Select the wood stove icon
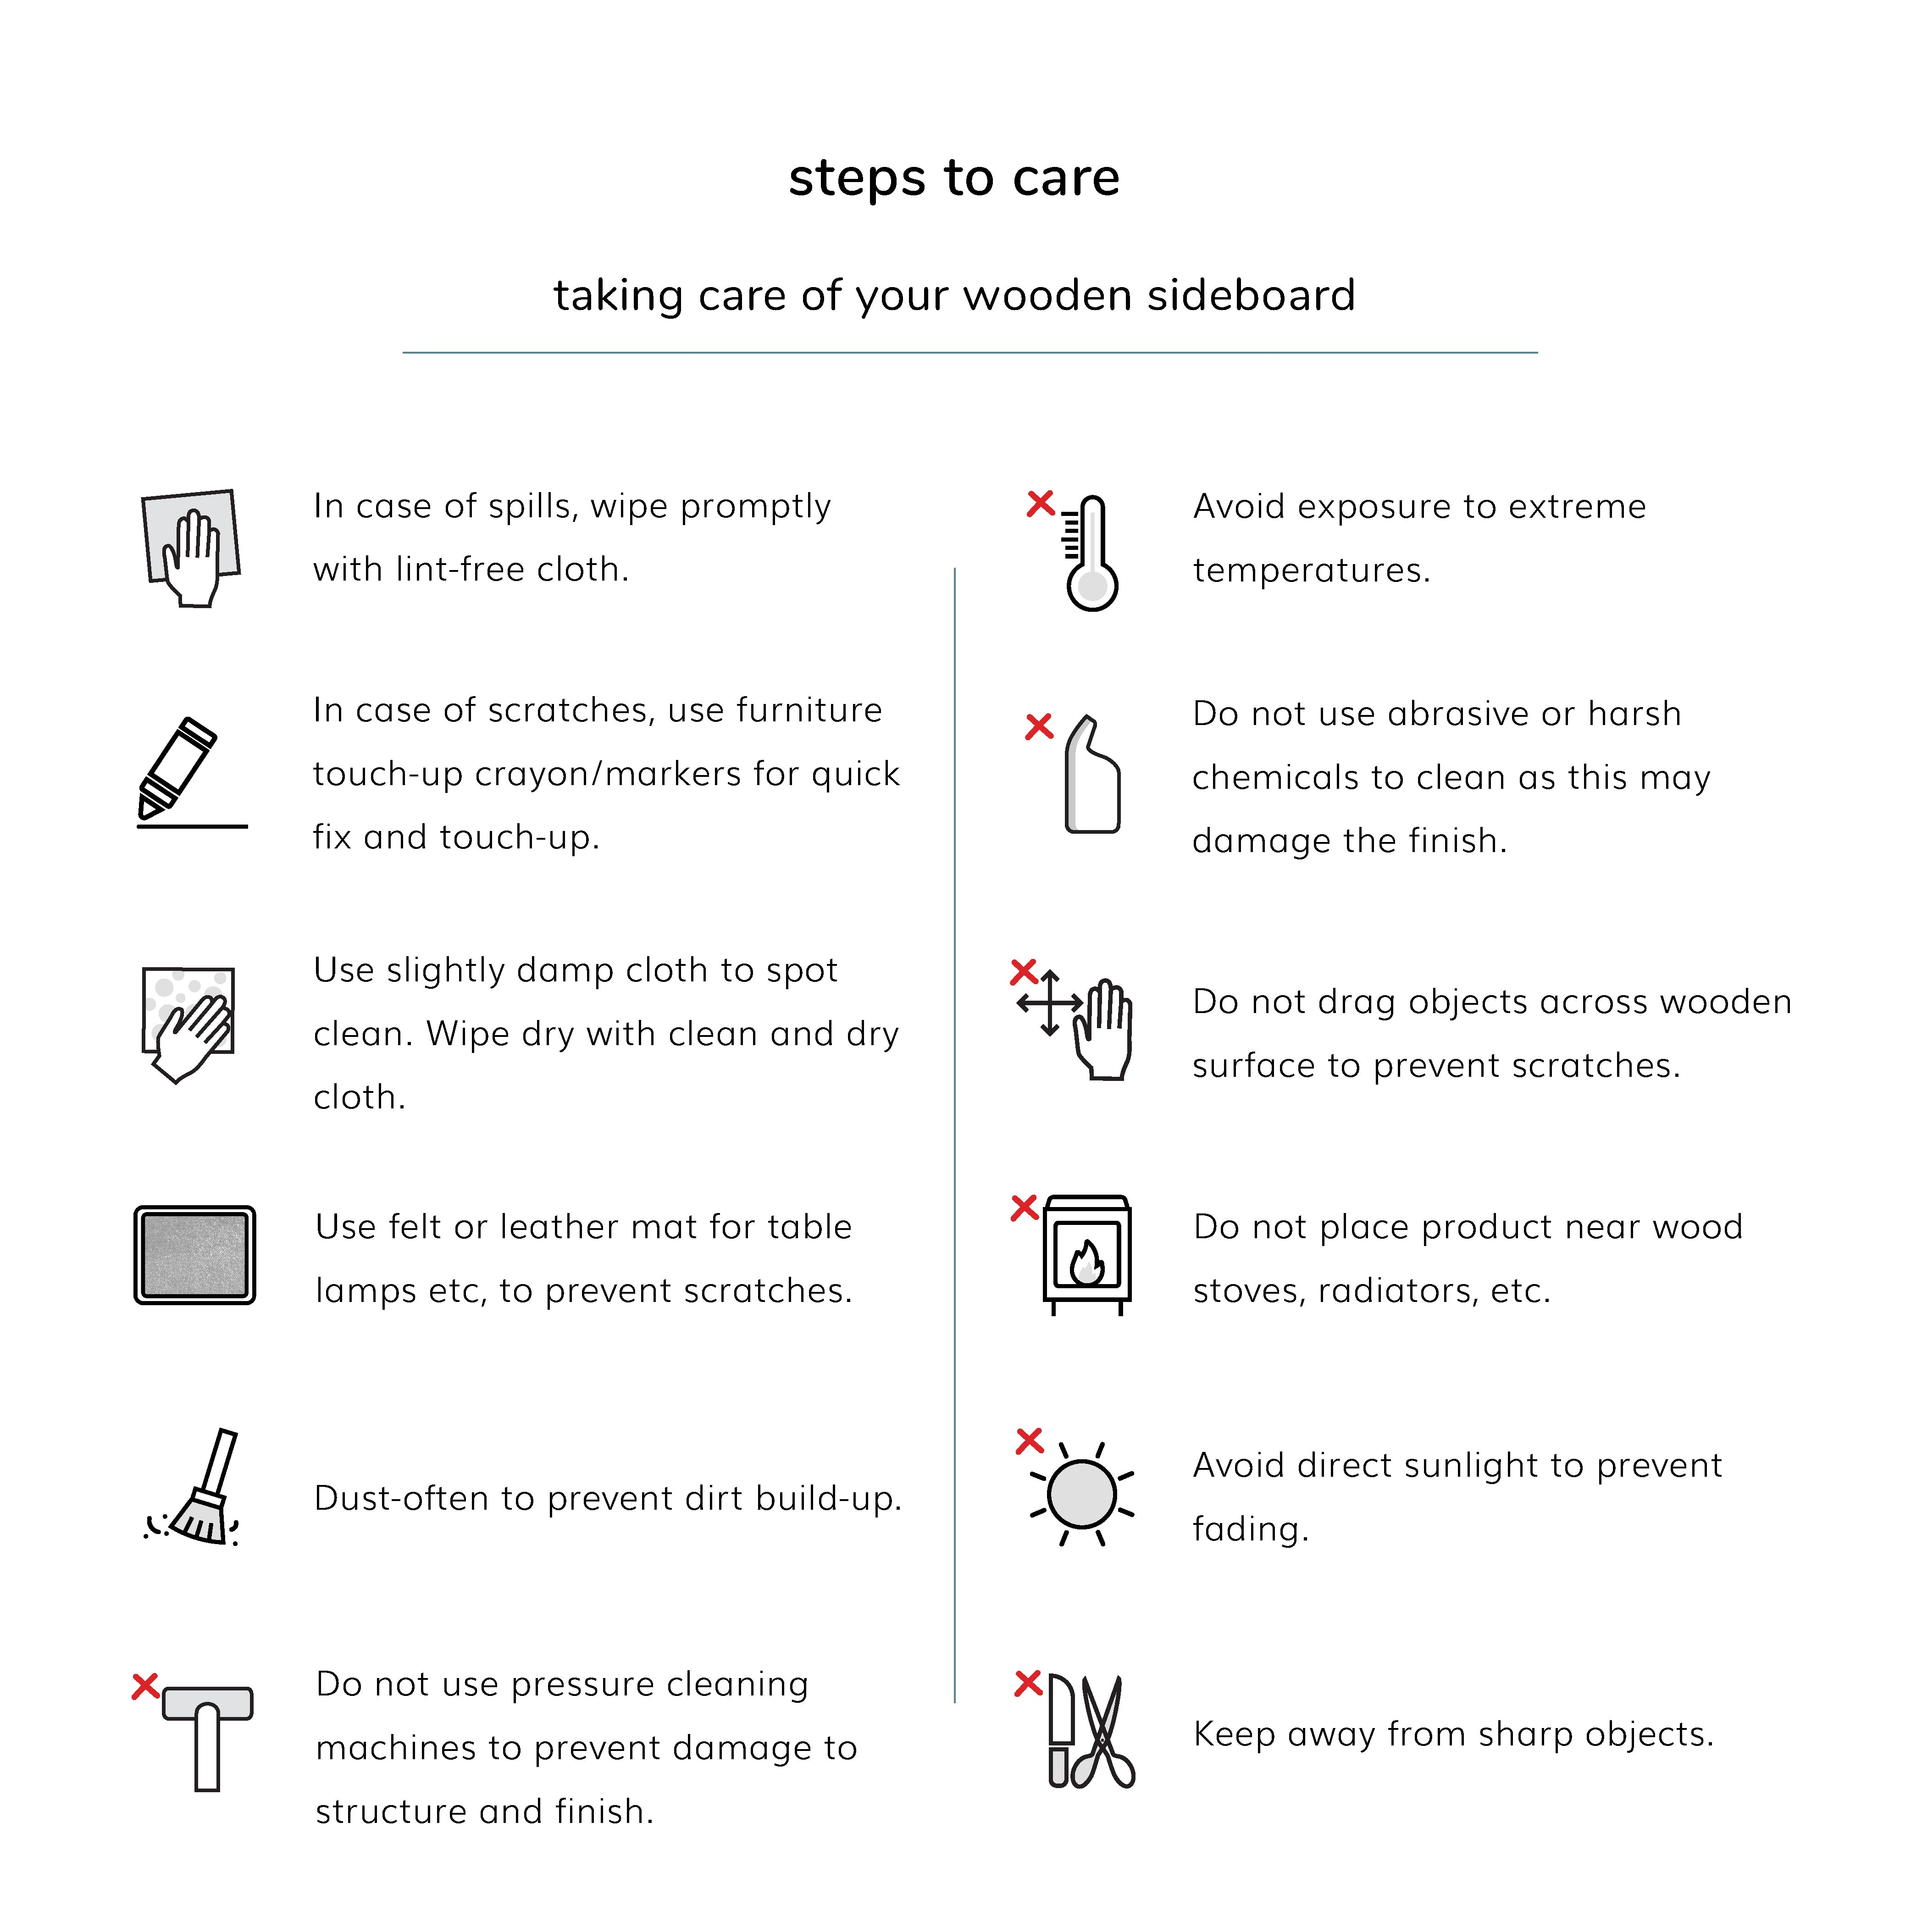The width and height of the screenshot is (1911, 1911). pos(1086,1254)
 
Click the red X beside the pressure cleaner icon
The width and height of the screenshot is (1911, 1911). pos(145,1685)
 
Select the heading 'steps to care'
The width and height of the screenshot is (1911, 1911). pos(953,178)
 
